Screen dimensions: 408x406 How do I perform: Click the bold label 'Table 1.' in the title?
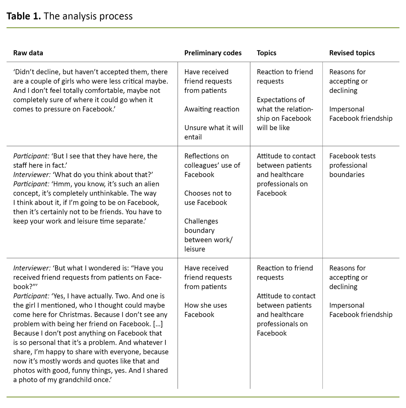24,16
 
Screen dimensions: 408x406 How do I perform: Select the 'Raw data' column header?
28,53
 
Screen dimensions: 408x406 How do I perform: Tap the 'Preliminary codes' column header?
213,53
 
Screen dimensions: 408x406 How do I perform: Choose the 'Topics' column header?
266,53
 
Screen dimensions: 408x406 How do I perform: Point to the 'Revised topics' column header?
352,53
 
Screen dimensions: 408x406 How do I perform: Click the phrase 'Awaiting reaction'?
212,109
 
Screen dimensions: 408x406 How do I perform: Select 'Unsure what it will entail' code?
214,132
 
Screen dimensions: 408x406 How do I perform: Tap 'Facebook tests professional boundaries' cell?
352,165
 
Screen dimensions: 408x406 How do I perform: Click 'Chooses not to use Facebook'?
208,198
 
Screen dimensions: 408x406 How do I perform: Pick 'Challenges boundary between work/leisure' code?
208,235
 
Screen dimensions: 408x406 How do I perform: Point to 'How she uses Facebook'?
206,310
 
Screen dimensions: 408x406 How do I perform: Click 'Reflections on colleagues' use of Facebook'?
212,165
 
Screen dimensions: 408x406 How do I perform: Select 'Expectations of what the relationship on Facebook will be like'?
285,114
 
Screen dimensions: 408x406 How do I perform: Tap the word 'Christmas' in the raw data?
75,314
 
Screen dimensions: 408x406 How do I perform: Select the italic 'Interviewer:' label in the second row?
32,175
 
